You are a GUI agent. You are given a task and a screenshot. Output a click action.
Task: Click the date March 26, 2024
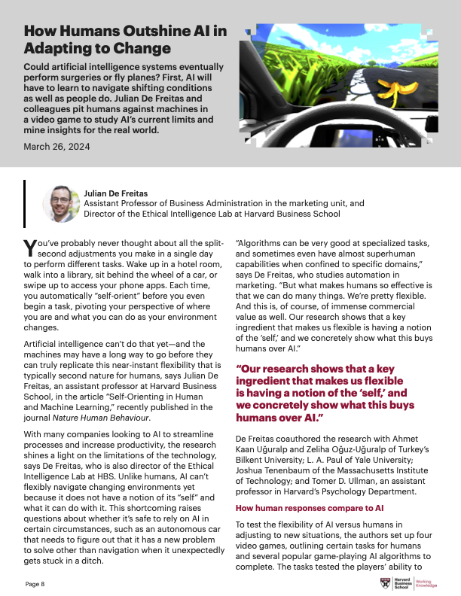pos(56,147)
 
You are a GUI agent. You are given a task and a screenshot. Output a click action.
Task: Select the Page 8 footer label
pos(35,583)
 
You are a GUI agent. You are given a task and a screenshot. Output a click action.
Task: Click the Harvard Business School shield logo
pos(386,584)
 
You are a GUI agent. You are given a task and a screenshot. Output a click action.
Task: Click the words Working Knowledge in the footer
pos(427,584)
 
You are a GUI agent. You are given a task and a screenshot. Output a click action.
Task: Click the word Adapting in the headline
pos(53,49)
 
